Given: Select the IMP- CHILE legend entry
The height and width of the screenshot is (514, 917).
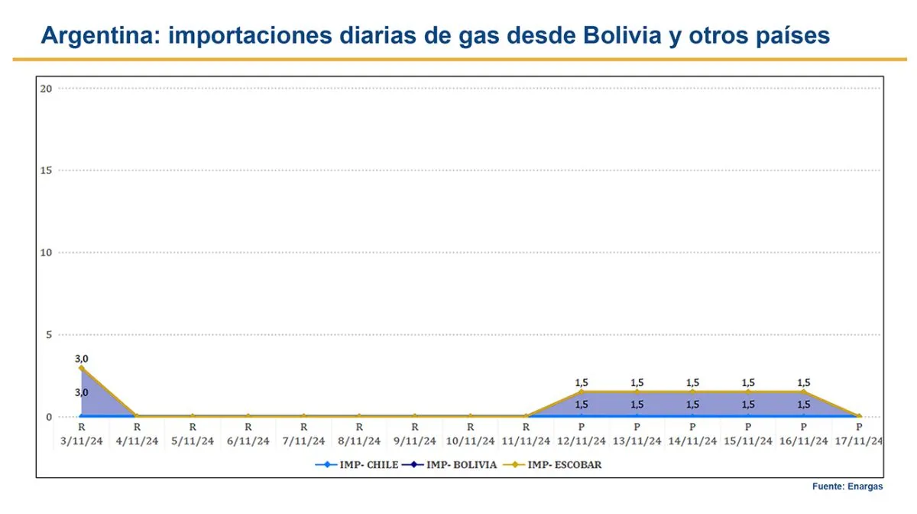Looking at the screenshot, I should (x=358, y=464).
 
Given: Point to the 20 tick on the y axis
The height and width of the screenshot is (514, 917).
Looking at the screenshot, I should (x=46, y=88).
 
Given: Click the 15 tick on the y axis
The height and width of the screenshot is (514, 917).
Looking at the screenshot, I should (x=46, y=170).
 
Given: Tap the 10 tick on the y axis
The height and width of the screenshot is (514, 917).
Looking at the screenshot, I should (x=46, y=252).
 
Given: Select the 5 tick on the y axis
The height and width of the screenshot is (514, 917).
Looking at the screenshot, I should (x=48, y=334).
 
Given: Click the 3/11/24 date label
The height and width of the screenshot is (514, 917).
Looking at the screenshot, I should (x=81, y=441).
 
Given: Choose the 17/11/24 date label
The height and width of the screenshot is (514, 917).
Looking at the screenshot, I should (x=859, y=441).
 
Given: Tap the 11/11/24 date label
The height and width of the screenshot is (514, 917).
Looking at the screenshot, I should (x=526, y=441).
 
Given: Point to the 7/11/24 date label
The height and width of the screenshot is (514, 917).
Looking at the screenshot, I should (x=303, y=441).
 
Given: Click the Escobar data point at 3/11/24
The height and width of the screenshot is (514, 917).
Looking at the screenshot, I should (x=81, y=368).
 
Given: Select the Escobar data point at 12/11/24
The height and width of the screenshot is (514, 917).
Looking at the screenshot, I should (x=582, y=392).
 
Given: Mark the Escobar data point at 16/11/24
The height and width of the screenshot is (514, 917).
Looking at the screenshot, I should (x=804, y=392).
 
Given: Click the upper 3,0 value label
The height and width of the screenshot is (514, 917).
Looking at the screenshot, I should (x=81, y=358).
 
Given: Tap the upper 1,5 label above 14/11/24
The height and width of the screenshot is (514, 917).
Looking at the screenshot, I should (x=692, y=382).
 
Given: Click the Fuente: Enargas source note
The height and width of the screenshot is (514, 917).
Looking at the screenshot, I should (x=847, y=486).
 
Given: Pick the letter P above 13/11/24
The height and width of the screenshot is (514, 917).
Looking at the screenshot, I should (x=637, y=427).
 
